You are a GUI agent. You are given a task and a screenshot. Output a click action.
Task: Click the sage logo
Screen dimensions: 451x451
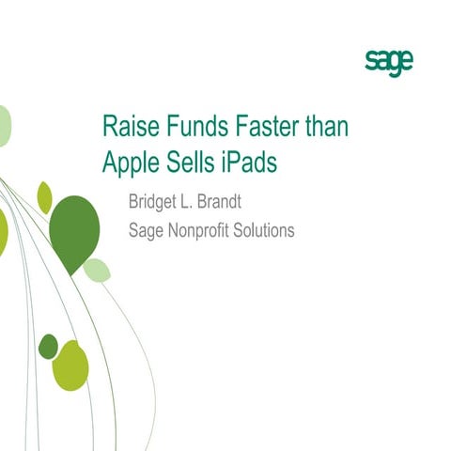(388, 62)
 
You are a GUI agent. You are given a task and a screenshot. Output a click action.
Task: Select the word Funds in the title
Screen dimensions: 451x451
(192, 129)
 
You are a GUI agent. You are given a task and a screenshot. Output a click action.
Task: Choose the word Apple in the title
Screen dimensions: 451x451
(129, 163)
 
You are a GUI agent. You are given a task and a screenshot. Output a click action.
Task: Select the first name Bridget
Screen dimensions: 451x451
(155, 202)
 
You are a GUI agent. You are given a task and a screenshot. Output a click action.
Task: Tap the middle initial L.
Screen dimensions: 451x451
(194, 202)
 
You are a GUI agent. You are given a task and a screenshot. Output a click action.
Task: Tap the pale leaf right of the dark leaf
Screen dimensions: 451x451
(97, 271)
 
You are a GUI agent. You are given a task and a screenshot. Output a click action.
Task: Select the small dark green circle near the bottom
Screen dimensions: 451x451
(47, 346)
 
